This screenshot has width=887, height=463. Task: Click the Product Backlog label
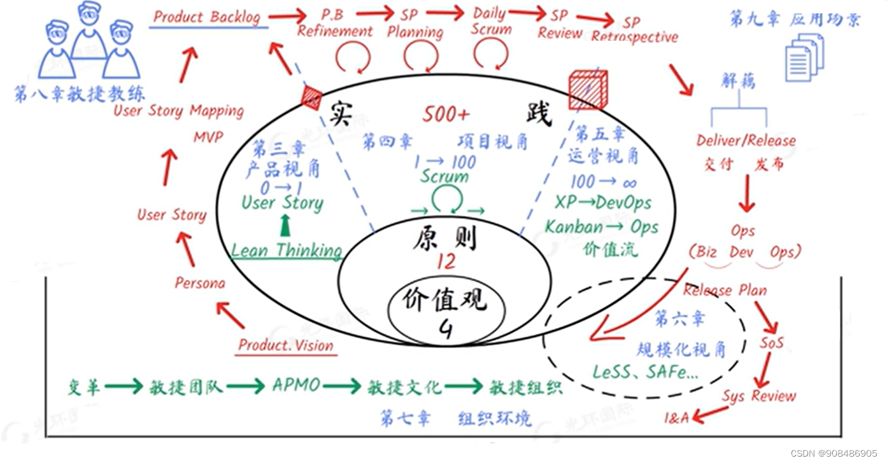(x=207, y=17)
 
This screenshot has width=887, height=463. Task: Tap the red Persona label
(x=200, y=283)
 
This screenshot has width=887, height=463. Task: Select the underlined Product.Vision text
(x=286, y=345)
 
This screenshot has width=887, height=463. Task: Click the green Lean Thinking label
(x=287, y=251)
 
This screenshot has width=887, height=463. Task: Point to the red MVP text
(x=209, y=137)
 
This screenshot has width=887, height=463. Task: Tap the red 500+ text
(x=446, y=114)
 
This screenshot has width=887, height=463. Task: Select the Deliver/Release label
(x=746, y=141)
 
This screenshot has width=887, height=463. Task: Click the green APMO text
(x=296, y=385)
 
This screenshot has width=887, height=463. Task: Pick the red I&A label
(x=676, y=418)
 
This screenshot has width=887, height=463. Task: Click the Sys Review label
(x=758, y=396)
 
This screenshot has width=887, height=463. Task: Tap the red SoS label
(x=771, y=343)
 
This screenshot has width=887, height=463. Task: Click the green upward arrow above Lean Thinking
(x=285, y=226)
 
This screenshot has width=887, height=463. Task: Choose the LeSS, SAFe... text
(x=645, y=373)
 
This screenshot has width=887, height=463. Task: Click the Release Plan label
(x=725, y=291)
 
